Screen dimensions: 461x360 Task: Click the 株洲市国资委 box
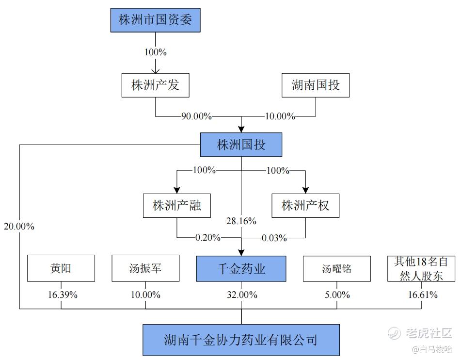coord(155,20)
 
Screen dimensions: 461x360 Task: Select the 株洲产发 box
coord(155,85)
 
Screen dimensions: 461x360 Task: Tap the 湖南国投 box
coord(316,85)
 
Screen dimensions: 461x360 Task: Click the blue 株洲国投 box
coord(241,145)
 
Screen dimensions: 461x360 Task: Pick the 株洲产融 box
coord(177,206)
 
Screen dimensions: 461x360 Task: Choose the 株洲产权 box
coord(305,206)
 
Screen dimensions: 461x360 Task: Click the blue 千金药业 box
coord(241,269)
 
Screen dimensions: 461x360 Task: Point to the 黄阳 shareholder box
coord(61,268)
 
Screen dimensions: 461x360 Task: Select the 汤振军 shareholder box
coord(145,268)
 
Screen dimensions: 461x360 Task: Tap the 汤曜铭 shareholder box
coord(336,269)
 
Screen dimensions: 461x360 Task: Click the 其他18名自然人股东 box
coord(421,269)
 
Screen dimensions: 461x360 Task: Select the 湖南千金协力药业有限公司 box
coord(241,340)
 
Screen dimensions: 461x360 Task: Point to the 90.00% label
coord(196,116)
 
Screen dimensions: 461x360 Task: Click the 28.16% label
coord(241,221)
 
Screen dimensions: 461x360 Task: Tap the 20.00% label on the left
coord(19,227)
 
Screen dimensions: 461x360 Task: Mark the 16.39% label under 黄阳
coord(63,295)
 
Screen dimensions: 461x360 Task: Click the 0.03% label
coord(274,238)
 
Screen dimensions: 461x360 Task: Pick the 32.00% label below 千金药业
coord(242,295)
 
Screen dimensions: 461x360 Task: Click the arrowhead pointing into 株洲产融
coord(177,190)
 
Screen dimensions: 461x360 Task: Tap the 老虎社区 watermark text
coord(429,333)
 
